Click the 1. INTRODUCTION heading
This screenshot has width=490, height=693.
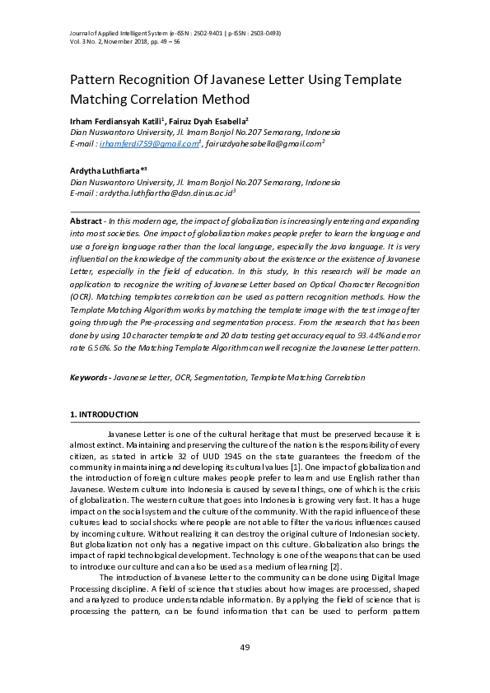104,414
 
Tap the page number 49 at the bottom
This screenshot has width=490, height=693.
245,649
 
